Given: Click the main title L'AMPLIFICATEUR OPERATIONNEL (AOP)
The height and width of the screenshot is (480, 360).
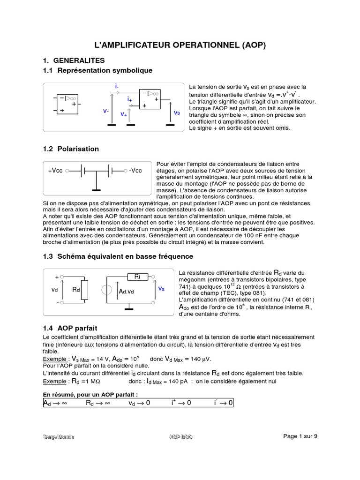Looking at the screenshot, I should pos(180,45).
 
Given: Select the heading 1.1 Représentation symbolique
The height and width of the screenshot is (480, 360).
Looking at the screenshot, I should pos(97,70).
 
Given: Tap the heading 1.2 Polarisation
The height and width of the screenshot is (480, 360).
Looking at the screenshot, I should pos(71,149).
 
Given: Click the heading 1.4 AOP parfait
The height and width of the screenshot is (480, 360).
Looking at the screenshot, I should pos(70,328).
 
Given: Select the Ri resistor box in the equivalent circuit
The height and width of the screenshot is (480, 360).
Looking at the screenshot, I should pos(137,277).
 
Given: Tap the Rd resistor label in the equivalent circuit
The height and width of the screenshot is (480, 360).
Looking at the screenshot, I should pos(76,290).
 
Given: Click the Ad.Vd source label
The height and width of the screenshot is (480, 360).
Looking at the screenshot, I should pos(127,292).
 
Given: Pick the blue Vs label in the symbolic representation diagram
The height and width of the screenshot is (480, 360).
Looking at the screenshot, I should pos(177,113).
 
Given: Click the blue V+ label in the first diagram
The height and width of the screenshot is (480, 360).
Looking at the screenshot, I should pos(124,114).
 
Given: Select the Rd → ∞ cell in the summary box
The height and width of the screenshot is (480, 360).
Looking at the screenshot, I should pos(97,403).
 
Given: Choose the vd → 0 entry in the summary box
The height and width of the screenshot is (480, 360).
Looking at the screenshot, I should pos(139,403).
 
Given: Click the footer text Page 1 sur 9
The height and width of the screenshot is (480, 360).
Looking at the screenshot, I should pos(300,436).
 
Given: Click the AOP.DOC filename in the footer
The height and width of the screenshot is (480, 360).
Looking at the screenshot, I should pos(180,437).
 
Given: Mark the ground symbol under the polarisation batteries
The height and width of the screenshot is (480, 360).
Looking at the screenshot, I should pos(96,190).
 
